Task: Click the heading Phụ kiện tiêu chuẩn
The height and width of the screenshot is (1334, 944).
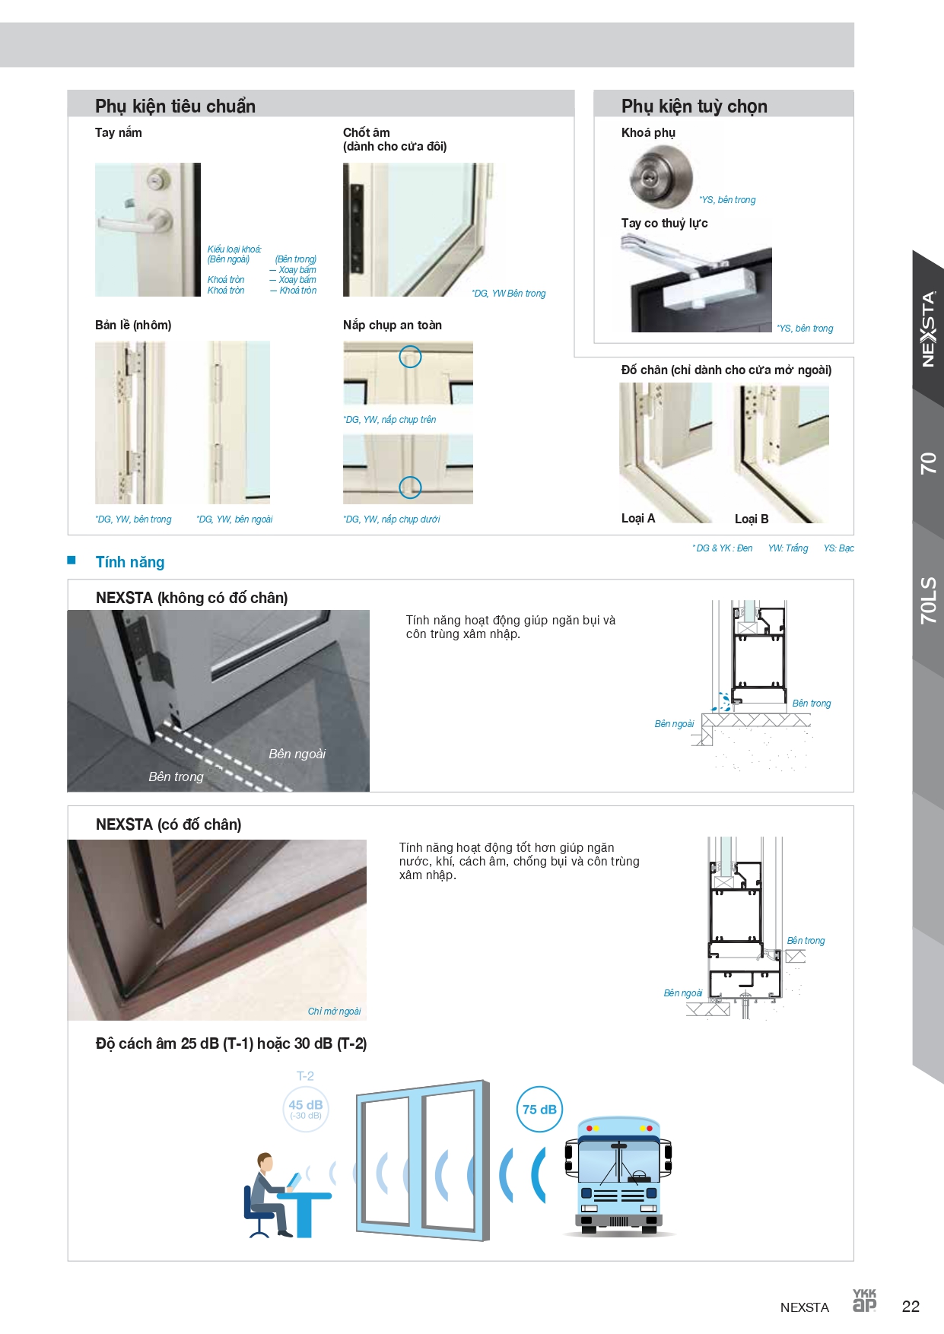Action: [x=175, y=106]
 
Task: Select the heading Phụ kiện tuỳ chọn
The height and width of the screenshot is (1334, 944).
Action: [x=694, y=106]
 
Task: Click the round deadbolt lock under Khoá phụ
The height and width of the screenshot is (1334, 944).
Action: [x=661, y=176]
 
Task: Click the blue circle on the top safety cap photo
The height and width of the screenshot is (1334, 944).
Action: [x=410, y=356]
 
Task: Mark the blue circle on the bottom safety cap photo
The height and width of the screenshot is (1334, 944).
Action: [x=410, y=487]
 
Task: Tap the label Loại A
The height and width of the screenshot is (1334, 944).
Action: [x=637, y=518]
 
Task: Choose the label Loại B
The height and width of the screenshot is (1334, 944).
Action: [x=752, y=519]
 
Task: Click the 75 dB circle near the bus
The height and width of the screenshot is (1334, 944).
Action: [x=539, y=1109]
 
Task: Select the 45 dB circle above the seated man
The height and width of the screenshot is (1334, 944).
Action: [x=305, y=1109]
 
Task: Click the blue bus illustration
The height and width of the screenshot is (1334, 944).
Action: [x=618, y=1176]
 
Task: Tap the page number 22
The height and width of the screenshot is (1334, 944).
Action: [x=911, y=1307]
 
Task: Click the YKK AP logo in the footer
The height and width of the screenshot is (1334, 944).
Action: [x=864, y=1301]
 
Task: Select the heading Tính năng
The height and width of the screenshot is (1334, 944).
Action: [x=130, y=562]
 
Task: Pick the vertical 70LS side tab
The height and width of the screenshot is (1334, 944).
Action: [x=929, y=600]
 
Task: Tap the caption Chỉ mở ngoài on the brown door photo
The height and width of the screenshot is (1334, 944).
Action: [x=334, y=1012]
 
